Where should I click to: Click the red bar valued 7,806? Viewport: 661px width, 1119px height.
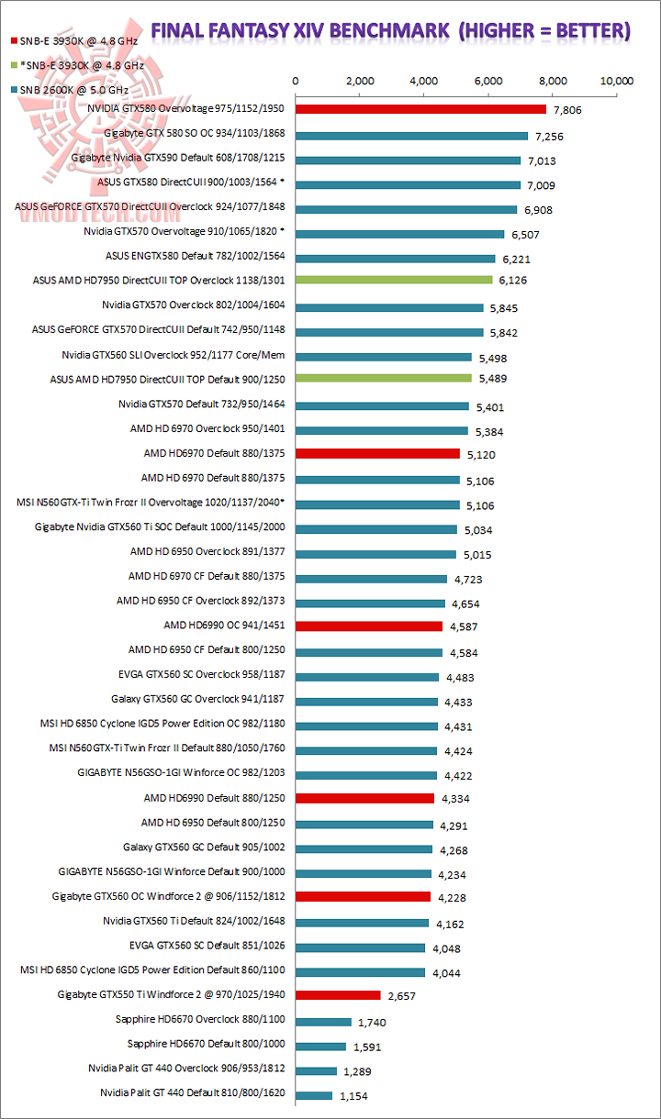[x=420, y=109]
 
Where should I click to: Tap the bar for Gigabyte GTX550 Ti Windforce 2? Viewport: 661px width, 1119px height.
[x=338, y=994]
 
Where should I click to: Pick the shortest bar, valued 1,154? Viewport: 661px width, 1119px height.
[x=314, y=1095]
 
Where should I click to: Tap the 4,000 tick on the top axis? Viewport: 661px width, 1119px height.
[x=424, y=81]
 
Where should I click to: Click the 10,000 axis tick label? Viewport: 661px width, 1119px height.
[x=617, y=81]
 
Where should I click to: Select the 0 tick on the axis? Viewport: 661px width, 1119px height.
[x=296, y=81]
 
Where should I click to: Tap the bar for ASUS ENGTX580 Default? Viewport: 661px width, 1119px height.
[x=395, y=259]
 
